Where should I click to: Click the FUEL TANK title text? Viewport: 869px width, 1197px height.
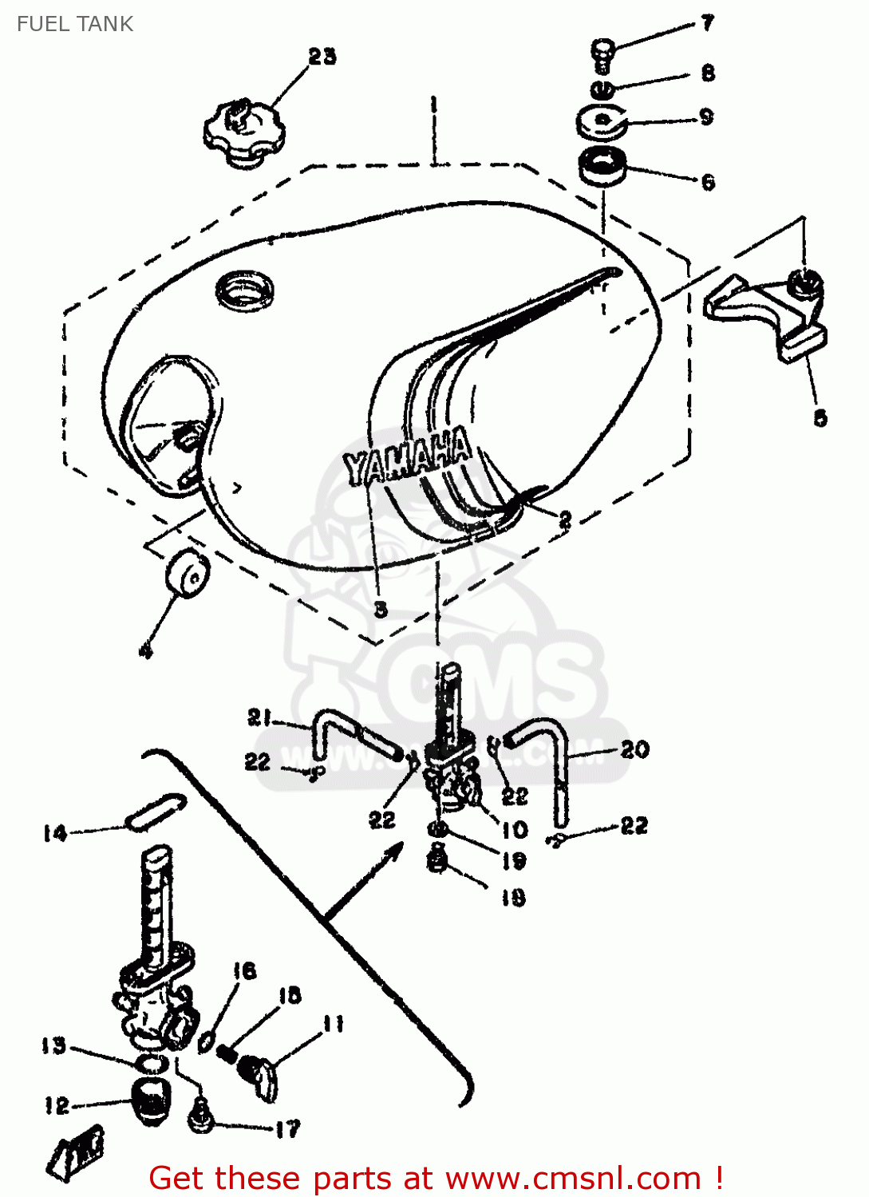pyautogui.click(x=75, y=24)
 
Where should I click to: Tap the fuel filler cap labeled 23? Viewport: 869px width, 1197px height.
pyautogui.click(x=243, y=132)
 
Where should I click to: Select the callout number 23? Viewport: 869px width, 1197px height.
pyautogui.click(x=322, y=57)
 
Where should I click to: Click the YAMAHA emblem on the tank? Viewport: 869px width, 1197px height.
pyautogui.click(x=407, y=458)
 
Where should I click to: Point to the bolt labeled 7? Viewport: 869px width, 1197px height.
pyautogui.click(x=603, y=54)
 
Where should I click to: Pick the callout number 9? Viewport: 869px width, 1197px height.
pyautogui.click(x=706, y=118)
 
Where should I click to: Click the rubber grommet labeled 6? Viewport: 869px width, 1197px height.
pyautogui.click(x=602, y=167)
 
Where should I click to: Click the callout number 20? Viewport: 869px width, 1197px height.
pyautogui.click(x=635, y=749)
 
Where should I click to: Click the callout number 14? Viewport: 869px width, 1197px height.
pyautogui.click(x=55, y=834)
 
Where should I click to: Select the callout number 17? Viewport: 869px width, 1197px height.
pyautogui.click(x=287, y=1128)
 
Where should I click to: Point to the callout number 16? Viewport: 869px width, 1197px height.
pyautogui.click(x=245, y=970)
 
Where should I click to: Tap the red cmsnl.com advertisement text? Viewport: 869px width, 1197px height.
pyautogui.click(x=436, y=1178)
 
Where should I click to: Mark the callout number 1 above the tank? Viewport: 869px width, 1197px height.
pyautogui.click(x=433, y=104)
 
